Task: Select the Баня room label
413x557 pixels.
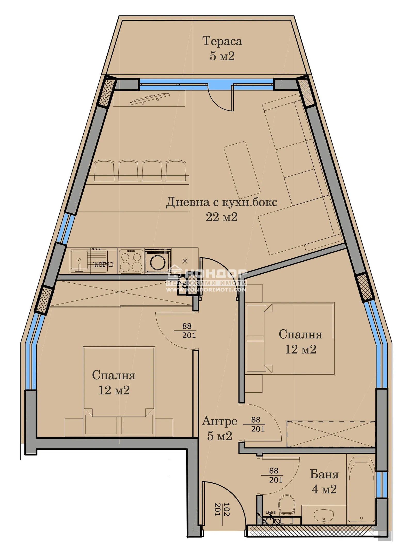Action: (x=324, y=474)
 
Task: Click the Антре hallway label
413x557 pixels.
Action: (x=219, y=421)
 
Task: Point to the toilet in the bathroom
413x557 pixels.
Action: (x=287, y=504)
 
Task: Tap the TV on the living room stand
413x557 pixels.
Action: (x=150, y=99)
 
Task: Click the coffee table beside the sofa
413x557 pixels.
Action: (x=242, y=170)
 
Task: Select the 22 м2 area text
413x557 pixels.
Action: (x=221, y=217)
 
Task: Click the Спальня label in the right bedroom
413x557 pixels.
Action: (x=300, y=335)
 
